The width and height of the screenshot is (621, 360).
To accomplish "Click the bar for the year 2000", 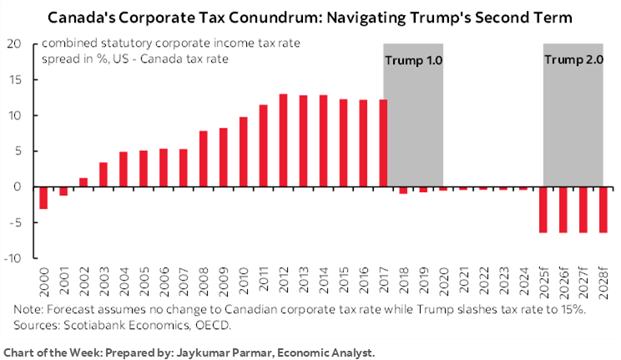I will [43, 197].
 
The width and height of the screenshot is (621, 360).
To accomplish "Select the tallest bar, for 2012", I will [284, 140].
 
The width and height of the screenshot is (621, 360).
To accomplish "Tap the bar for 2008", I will [204, 159].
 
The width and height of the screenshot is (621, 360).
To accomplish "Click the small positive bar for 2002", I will [83, 182].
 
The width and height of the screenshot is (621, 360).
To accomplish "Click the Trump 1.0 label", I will [412, 59].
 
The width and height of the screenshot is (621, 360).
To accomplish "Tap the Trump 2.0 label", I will [573, 59].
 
